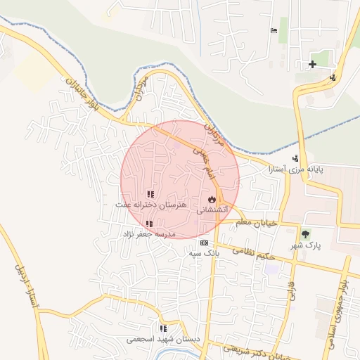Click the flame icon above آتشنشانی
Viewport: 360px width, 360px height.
pos(212,199)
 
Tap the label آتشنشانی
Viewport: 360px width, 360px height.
pos(211,210)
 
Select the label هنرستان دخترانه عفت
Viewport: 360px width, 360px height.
pos(151,205)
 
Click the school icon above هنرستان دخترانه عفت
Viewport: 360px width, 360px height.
pos(150,194)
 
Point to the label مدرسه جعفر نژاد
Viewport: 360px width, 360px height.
pos(149,233)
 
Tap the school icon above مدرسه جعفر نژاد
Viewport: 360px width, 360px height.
pos(149,224)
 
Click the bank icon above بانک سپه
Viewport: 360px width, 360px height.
pos(205,243)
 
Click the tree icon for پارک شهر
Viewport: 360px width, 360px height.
pos(305,235)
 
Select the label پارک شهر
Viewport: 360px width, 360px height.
pos(305,247)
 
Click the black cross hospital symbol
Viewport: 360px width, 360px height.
pos(312,65)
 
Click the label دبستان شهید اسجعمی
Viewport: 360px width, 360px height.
pos(163,339)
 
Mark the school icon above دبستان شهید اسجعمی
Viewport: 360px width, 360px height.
pos(163,328)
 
